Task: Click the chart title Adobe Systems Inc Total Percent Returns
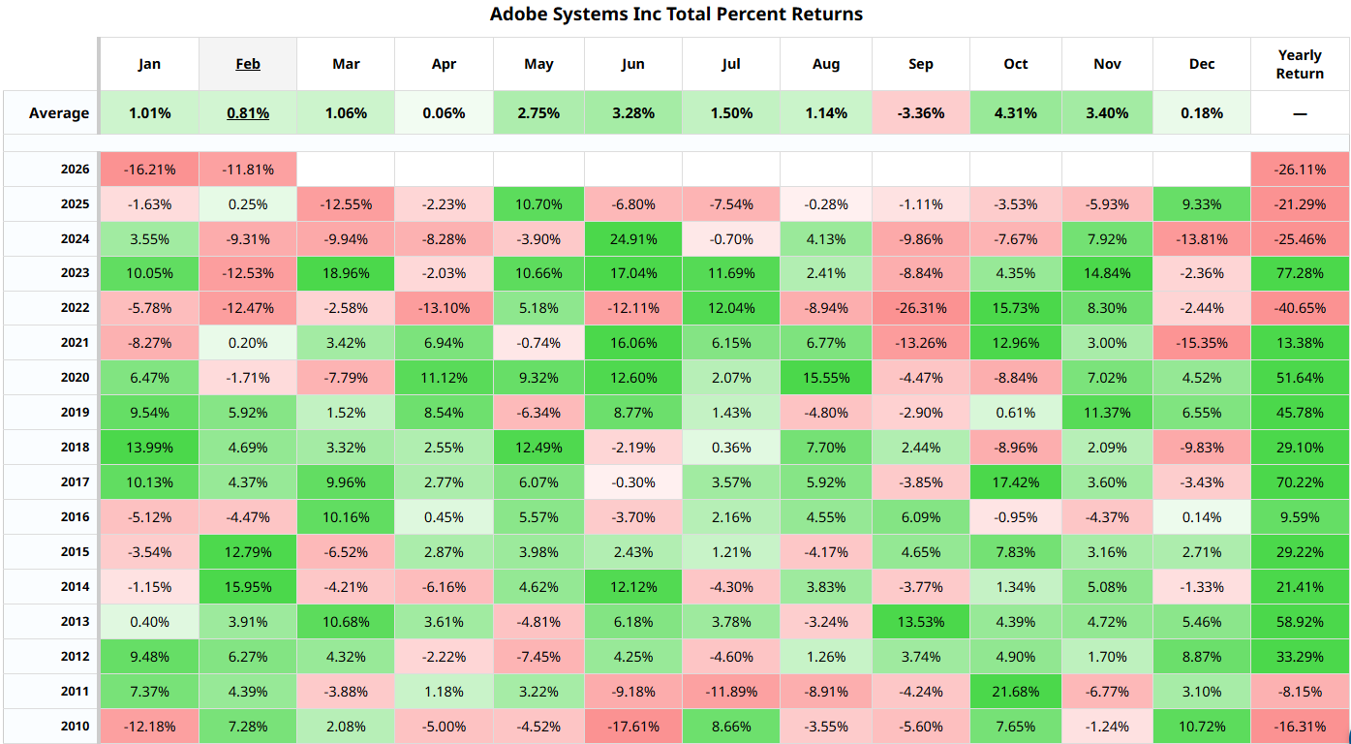pos(675,15)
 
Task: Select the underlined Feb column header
pos(248,64)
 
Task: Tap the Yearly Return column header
pos(1300,64)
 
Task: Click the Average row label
pos(59,113)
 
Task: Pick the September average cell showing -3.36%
pos(920,113)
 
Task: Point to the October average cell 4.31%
pos(1015,113)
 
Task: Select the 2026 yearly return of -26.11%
pos(1300,170)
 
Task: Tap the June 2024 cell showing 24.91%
pos(633,238)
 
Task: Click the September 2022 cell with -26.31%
pos(920,308)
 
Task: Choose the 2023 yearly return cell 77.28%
pos(1300,273)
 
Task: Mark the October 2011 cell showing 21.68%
pos(1015,692)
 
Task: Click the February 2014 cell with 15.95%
pos(248,587)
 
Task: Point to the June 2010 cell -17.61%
pos(633,727)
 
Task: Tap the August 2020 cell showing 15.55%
pos(825,378)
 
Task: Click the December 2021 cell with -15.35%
pos(1202,343)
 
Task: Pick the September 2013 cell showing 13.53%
pos(920,622)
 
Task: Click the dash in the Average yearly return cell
pos(1300,113)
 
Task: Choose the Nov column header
pos(1107,64)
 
